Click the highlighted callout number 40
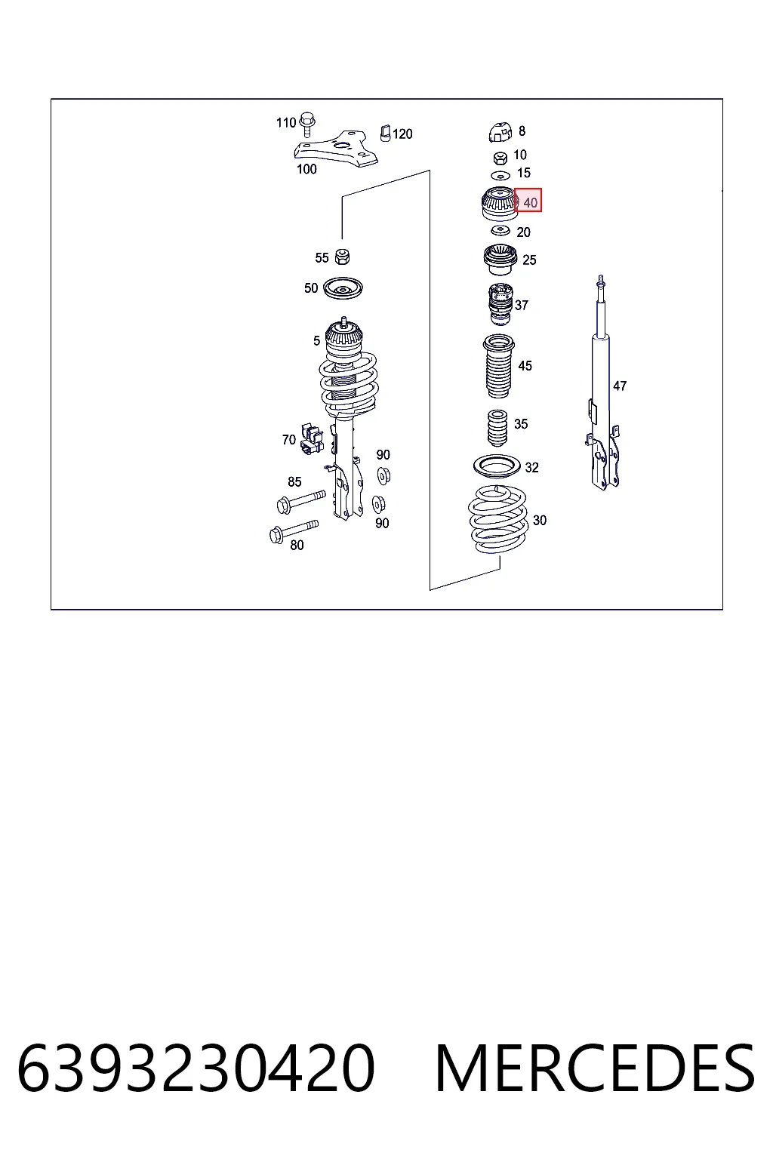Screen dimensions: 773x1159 click(x=530, y=203)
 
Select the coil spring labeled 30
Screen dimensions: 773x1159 click(x=497, y=519)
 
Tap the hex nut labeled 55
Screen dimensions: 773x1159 click(x=342, y=256)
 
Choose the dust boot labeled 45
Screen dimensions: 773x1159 click(x=498, y=366)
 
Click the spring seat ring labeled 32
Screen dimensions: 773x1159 click(x=497, y=467)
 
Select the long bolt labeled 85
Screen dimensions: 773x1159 click(x=300, y=501)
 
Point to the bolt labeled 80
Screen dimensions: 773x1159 click(x=294, y=531)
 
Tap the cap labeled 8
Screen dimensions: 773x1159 click(x=500, y=133)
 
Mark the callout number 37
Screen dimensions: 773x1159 click(x=522, y=306)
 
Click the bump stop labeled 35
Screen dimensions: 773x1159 click(x=497, y=427)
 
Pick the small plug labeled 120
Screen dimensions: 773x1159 click(x=386, y=133)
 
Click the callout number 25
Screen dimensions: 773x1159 click(x=529, y=260)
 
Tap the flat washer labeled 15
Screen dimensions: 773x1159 click(x=500, y=175)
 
